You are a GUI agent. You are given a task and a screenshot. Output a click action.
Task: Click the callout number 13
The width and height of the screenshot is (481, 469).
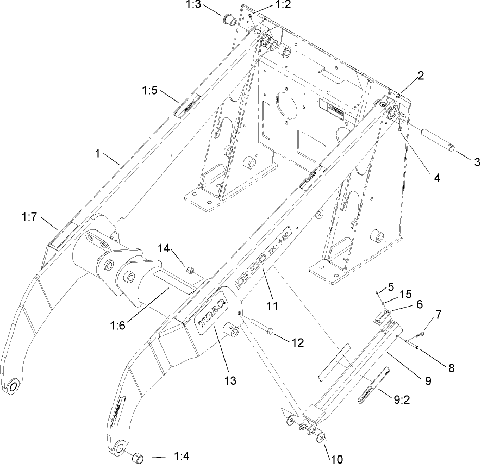coord(230,380)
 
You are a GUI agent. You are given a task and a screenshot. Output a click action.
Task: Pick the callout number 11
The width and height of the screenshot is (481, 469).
coord(272,306)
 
